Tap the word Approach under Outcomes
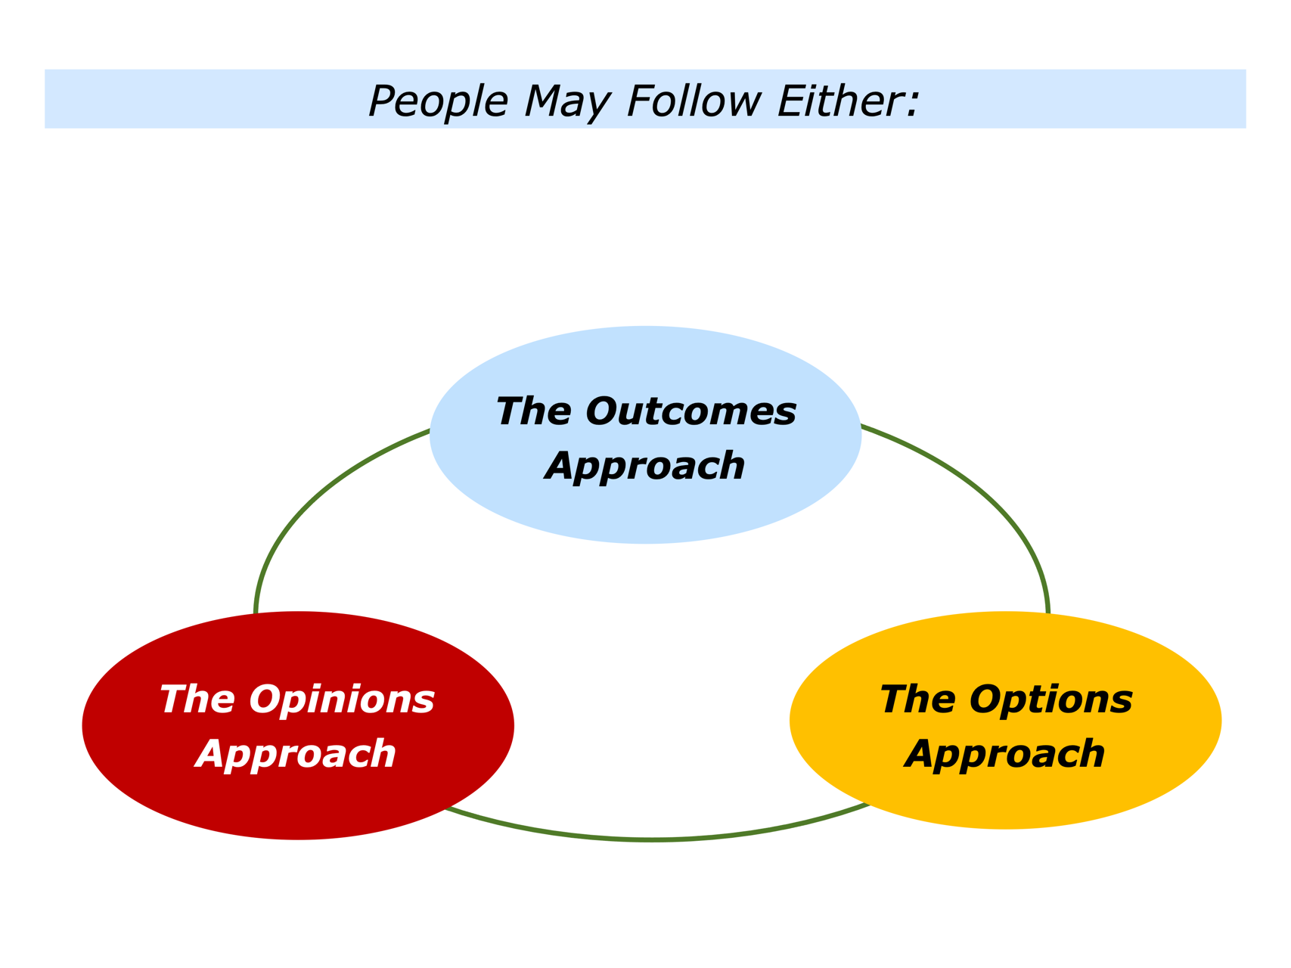pos(645,466)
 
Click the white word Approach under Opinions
pos(296,754)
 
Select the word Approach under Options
pos(1005,754)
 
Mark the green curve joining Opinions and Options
pos(653,839)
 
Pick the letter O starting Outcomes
pos(601,412)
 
